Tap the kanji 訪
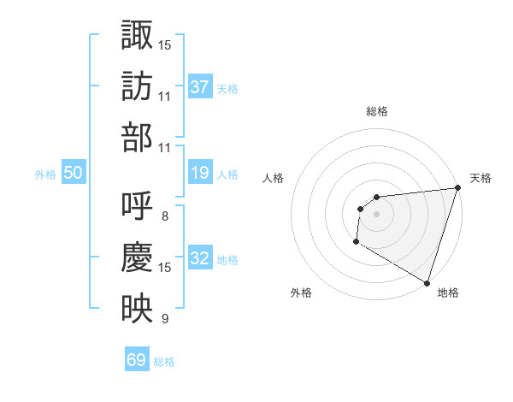coord(137,86)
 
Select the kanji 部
coord(137,138)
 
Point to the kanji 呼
coord(137,206)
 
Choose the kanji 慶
coord(137,257)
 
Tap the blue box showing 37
coord(200,86)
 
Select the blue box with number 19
coord(200,173)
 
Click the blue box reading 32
coord(200,258)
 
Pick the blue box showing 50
coord(74,173)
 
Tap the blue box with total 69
coord(137,360)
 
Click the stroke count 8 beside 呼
coord(164,216)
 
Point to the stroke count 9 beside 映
coord(164,320)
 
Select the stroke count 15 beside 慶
coord(165,268)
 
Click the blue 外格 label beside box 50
coord(45,174)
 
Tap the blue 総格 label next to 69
coord(164,362)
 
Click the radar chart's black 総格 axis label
coord(376,111)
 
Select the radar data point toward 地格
coord(426,282)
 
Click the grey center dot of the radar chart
coord(376,214)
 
